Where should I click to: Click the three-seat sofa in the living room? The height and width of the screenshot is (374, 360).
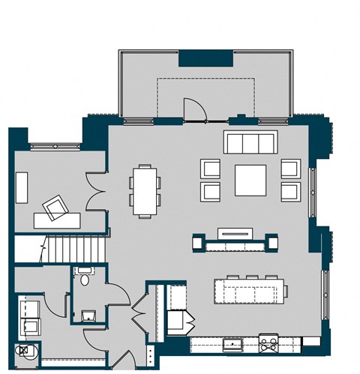click(x=250, y=142)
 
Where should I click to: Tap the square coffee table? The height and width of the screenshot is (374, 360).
click(x=250, y=180)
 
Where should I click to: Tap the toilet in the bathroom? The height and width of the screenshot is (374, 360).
click(x=85, y=278)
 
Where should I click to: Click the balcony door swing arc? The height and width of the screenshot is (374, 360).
click(x=193, y=108)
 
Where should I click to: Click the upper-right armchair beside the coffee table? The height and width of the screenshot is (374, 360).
click(x=291, y=169)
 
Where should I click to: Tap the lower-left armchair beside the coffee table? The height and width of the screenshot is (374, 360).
click(x=210, y=191)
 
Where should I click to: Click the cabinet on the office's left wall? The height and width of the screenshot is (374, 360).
click(x=22, y=186)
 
